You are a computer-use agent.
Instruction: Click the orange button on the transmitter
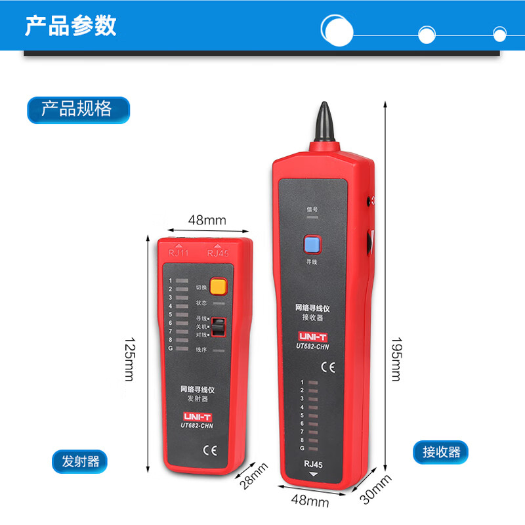[218, 286]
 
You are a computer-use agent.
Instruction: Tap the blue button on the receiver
[312, 245]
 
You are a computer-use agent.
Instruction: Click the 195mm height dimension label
[395, 359]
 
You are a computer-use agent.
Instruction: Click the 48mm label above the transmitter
[207, 220]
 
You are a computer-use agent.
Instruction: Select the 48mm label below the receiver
[310, 502]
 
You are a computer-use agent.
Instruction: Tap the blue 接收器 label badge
[440, 451]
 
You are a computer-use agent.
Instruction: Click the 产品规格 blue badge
[77, 109]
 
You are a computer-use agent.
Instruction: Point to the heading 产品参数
[71, 26]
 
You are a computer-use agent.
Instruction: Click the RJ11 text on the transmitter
[178, 253]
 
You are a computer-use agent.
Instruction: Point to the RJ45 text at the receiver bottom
[312, 465]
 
